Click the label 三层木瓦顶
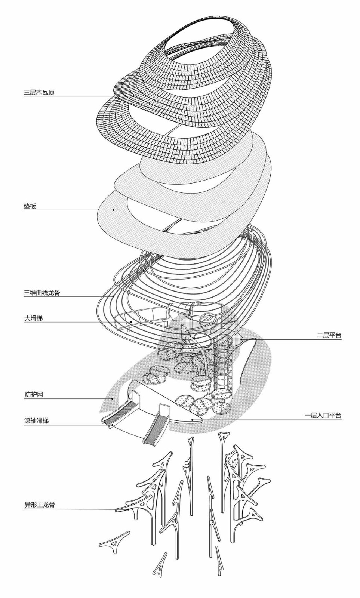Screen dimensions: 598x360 coord(39,92)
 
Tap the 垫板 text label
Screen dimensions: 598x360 coord(30,206)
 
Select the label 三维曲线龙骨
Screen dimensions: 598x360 coord(42,293)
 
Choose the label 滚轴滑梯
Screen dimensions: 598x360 coord(36,421)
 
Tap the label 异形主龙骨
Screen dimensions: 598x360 coord(39,505)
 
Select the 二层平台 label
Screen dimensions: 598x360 coord(329,335)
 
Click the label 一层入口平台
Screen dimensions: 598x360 coord(323,416)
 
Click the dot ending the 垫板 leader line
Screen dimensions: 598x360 coord(114,210)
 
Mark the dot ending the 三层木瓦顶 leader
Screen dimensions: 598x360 coord(133,96)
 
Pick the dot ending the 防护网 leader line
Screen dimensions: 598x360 coord(113,398)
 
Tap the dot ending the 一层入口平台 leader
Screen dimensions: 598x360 coord(193,420)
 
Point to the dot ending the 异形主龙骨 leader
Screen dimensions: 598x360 coord(128,509)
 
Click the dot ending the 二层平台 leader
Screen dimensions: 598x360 coord(242,339)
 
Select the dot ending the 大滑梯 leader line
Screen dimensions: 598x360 coord(131,322)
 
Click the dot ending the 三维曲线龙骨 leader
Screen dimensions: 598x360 coord(114,297)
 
